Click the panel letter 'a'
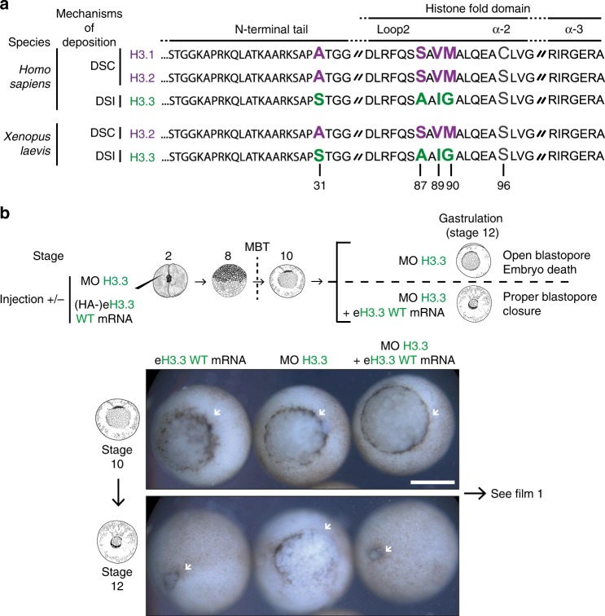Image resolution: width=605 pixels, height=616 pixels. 7,7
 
